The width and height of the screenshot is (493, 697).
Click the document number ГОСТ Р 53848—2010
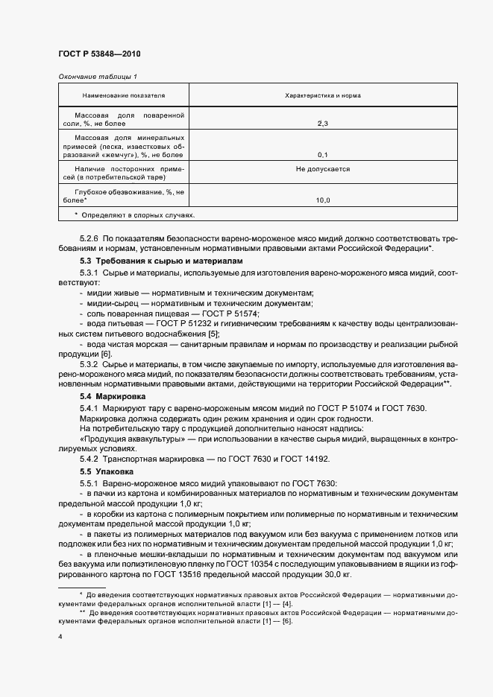(99, 54)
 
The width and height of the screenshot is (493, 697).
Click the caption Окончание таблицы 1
(97, 77)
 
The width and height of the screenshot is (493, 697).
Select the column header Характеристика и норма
(322, 96)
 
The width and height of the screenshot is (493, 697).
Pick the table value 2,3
(322, 124)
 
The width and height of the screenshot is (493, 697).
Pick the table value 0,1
(322, 155)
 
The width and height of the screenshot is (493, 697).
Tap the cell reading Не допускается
(322, 170)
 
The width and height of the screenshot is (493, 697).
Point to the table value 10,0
(322, 200)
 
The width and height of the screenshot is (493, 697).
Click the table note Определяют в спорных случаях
(138, 215)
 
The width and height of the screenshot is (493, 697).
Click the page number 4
(60, 638)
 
